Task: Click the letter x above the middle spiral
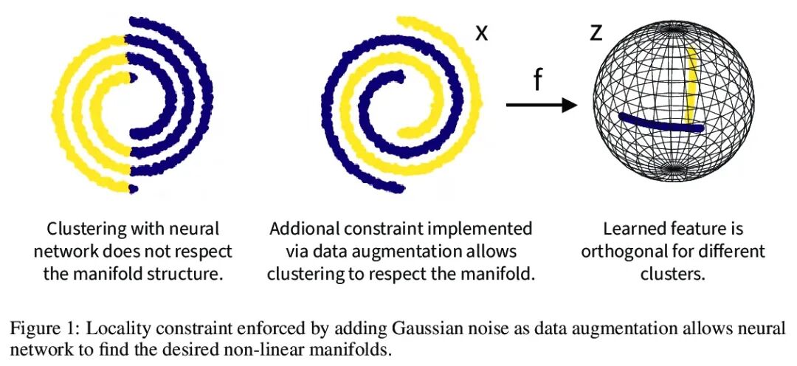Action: pyautogui.click(x=481, y=33)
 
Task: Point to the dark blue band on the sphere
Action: pyautogui.click(x=660, y=123)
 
